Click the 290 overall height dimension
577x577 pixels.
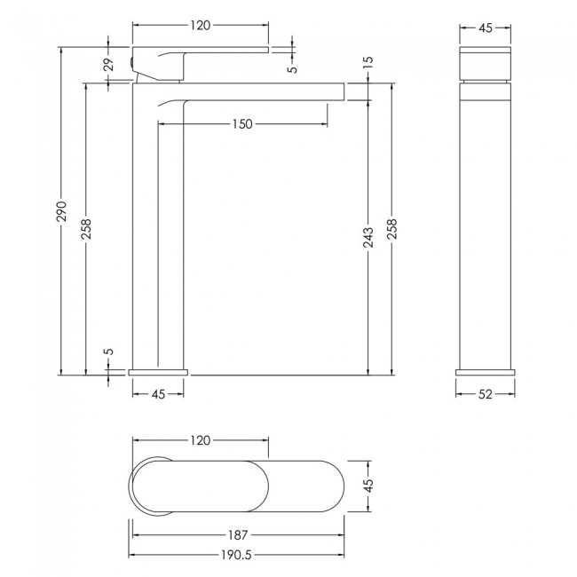(x=62, y=211)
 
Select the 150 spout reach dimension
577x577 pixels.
(x=242, y=124)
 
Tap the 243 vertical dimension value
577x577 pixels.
(x=368, y=237)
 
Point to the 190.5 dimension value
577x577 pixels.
(x=237, y=555)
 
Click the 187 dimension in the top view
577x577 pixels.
(x=238, y=534)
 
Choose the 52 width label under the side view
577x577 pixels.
(x=485, y=394)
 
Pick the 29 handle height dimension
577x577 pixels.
(x=109, y=65)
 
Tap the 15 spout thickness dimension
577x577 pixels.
(x=368, y=62)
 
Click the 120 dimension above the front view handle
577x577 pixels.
(x=201, y=26)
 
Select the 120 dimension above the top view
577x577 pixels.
(x=201, y=440)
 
